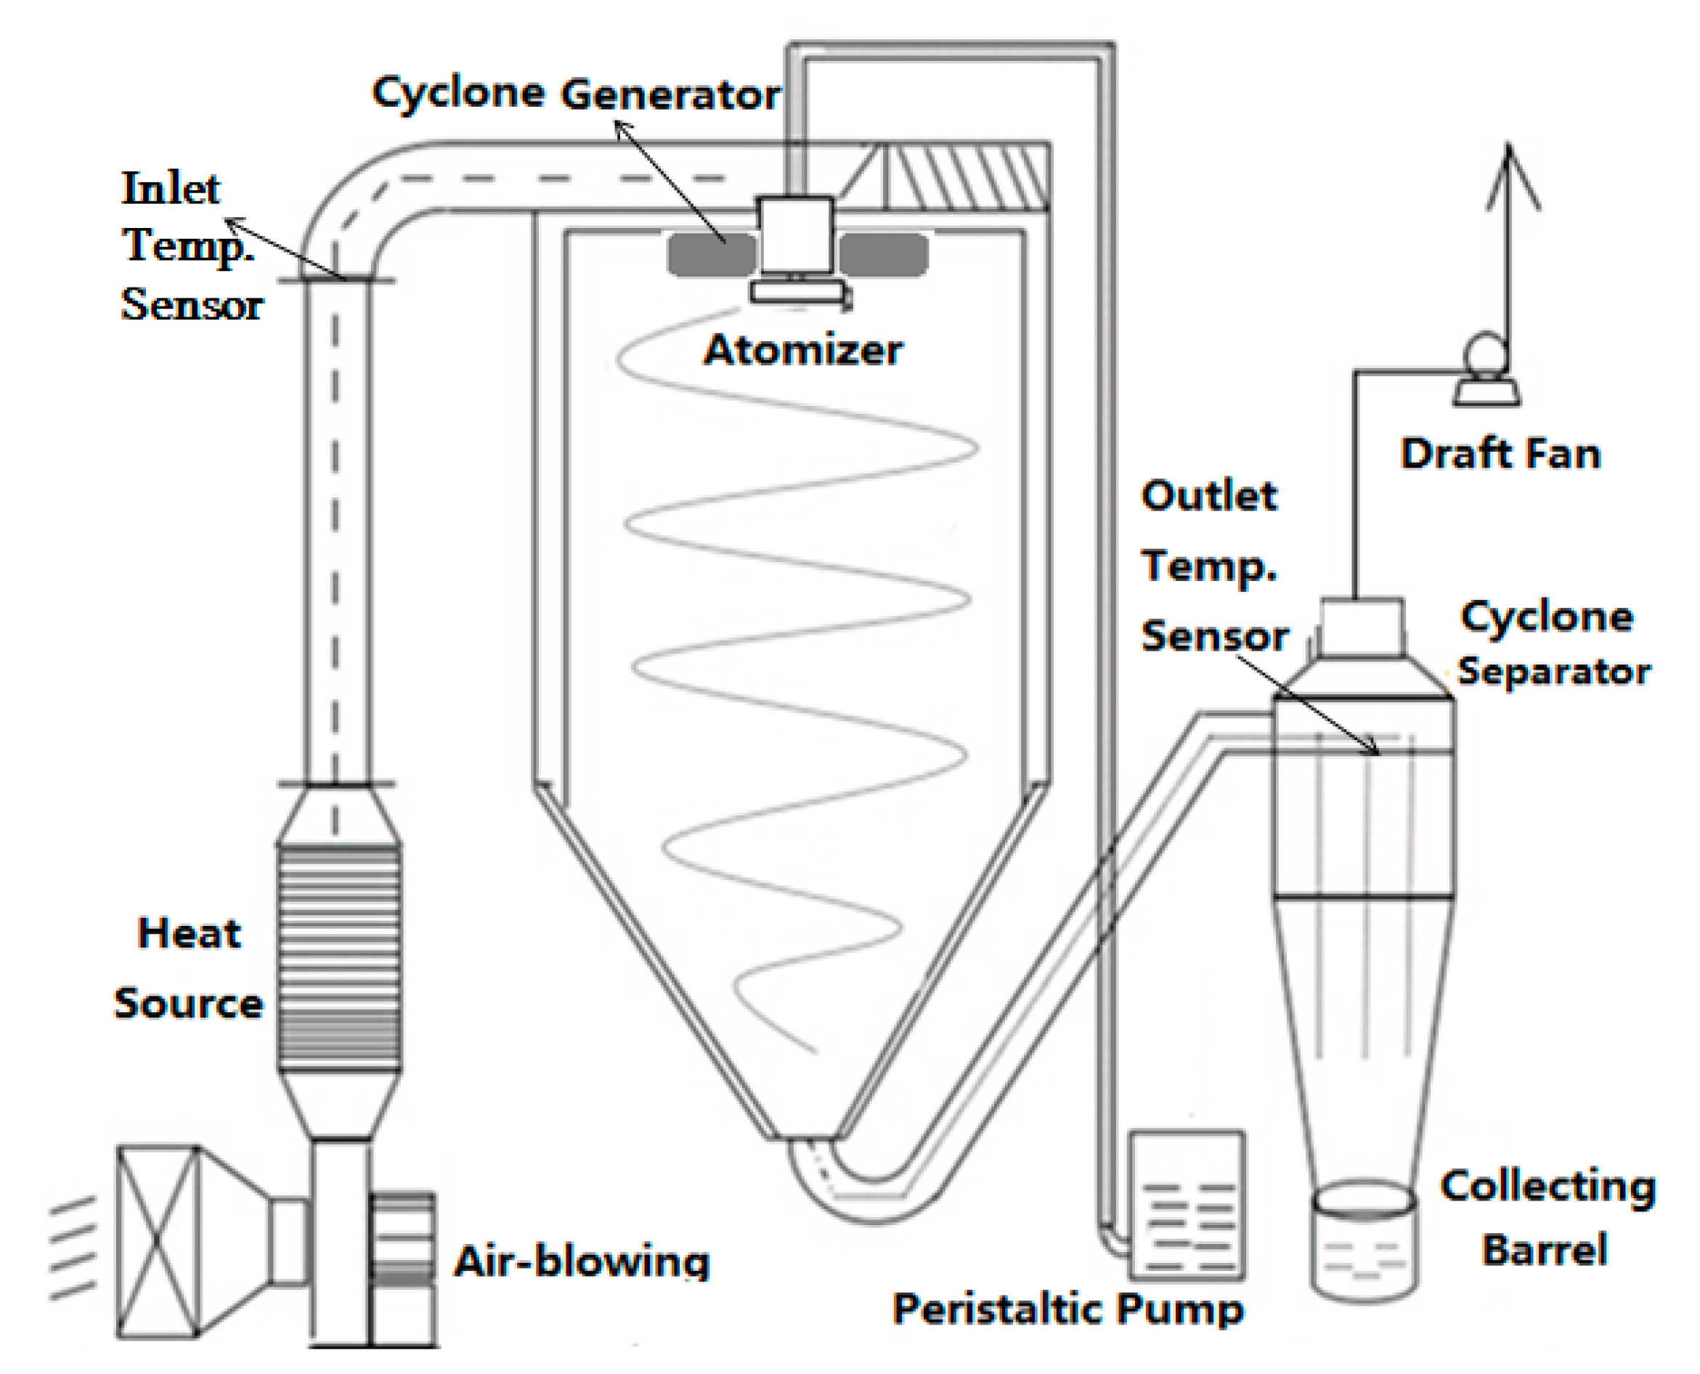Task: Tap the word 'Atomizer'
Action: [802, 350]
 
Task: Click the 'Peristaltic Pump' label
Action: [1067, 1309]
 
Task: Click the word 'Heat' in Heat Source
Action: [188, 933]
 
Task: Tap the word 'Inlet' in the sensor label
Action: [171, 189]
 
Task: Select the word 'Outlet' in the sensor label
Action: [1208, 496]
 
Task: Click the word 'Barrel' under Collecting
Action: [1544, 1250]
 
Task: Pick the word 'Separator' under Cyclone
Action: [1553, 671]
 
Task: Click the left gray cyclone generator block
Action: [712, 255]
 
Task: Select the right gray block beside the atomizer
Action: [883, 255]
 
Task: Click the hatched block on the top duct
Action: [966, 176]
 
